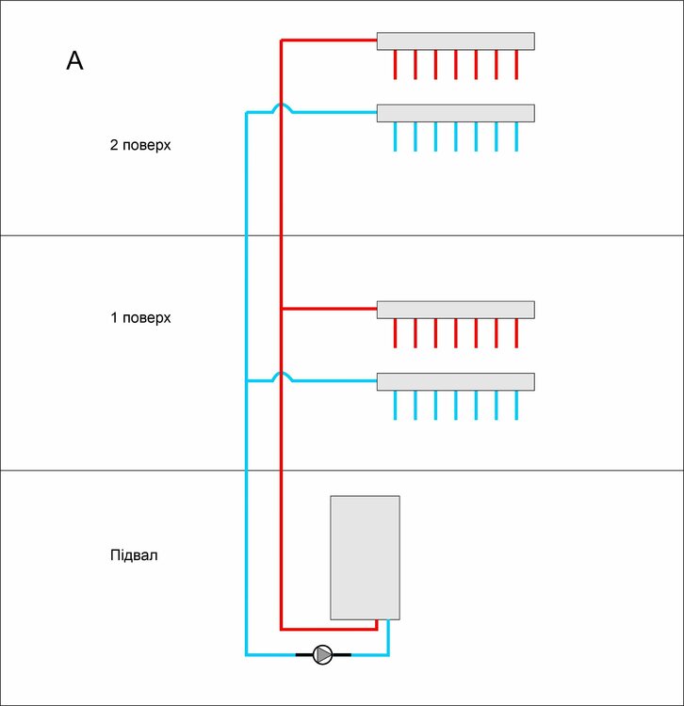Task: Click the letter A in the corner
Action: tap(75, 61)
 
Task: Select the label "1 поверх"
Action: tap(140, 317)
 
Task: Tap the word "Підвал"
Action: tap(134, 554)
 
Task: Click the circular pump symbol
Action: tap(322, 654)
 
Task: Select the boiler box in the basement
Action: tap(365, 557)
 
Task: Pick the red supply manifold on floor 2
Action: tap(455, 41)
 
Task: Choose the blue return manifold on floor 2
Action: tap(455, 113)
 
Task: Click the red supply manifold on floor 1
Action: tap(455, 310)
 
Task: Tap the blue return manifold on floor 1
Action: tap(455, 381)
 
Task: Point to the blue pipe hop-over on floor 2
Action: tap(282, 109)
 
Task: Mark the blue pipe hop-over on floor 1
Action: tap(282, 377)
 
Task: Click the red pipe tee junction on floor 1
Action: tap(282, 309)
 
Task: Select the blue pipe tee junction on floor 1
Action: tap(247, 381)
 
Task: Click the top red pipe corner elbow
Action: tap(282, 40)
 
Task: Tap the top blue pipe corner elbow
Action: tap(247, 113)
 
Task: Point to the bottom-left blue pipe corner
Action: tap(247, 654)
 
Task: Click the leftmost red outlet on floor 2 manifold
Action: tap(395, 65)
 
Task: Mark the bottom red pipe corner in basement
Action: tap(282, 628)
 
